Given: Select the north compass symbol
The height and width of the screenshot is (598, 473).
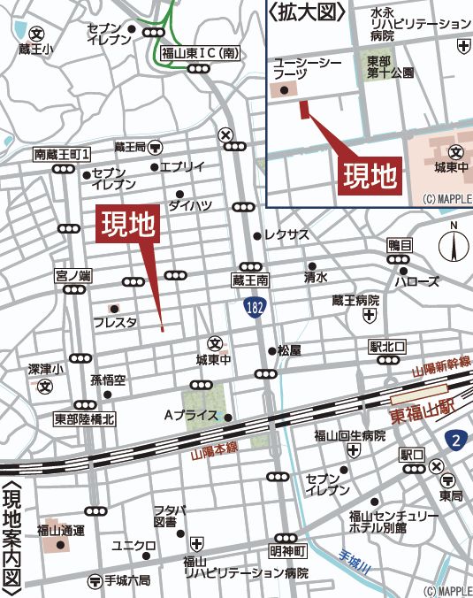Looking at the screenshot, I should point(453,242).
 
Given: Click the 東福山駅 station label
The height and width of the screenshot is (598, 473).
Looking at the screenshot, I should point(423,414).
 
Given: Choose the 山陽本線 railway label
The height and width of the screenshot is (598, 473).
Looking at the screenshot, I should point(213,450).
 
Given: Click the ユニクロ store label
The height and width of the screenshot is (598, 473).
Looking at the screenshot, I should point(134,544).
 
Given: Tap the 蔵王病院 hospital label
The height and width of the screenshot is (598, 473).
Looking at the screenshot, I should point(355,301).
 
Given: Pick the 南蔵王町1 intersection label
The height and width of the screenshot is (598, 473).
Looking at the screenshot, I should point(63,154).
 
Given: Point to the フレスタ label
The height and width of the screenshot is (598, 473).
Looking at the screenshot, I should point(115,323).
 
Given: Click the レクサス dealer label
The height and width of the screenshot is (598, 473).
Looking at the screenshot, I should point(286,235).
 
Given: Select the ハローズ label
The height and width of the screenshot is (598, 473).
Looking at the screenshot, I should point(416,281).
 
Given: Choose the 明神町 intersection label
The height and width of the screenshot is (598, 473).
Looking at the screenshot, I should point(287,550).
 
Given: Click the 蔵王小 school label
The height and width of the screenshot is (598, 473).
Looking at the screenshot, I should point(24,50).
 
